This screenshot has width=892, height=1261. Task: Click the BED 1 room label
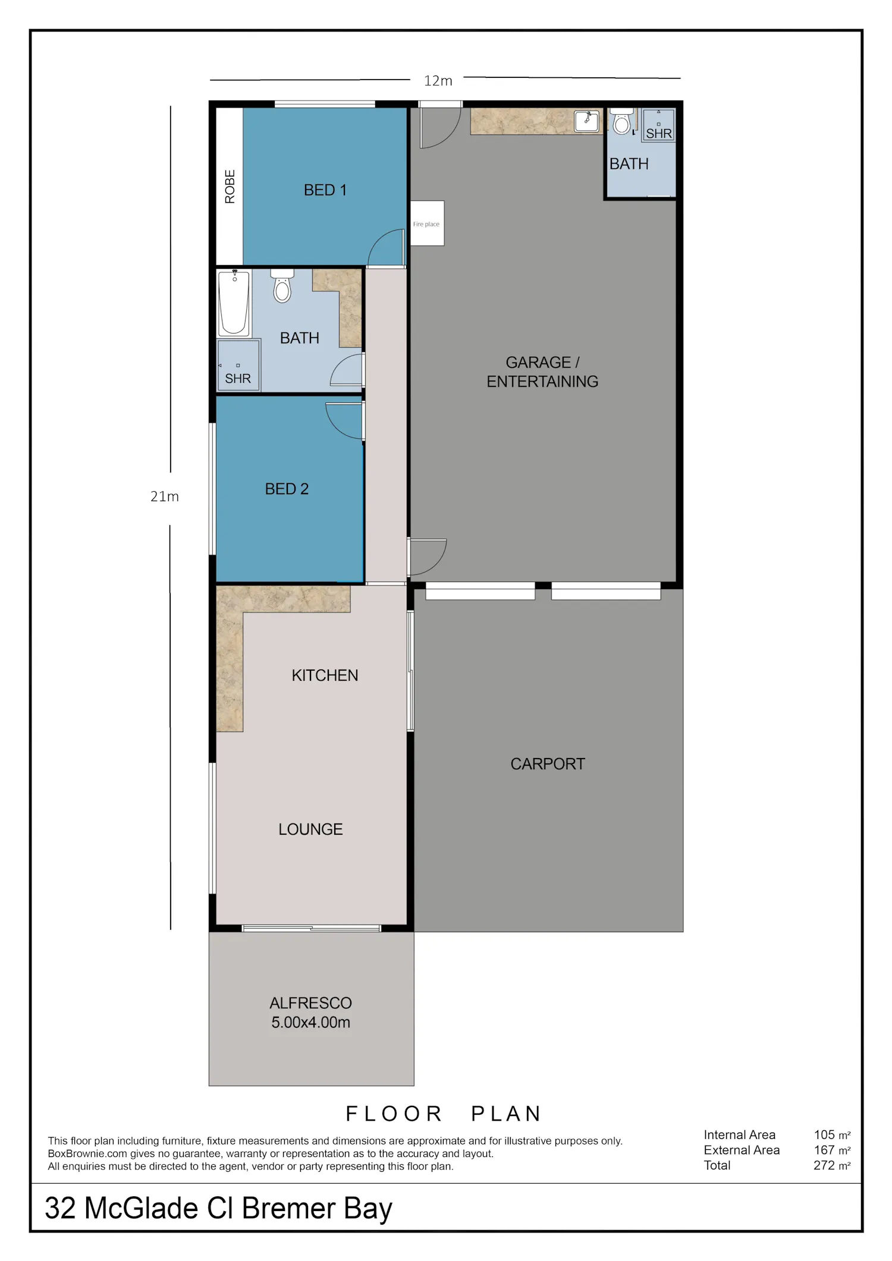point(325,190)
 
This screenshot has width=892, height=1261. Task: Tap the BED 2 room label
point(287,489)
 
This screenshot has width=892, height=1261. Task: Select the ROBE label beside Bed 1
point(230,187)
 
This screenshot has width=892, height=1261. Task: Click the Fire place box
point(427,224)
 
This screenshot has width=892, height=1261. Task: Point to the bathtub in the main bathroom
point(234,303)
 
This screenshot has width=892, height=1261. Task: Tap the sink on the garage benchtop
point(586,121)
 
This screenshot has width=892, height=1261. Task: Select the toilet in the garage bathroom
point(622,121)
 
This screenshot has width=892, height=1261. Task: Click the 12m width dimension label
point(438,81)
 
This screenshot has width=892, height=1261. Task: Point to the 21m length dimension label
point(165,496)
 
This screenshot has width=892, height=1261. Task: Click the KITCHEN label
point(325,675)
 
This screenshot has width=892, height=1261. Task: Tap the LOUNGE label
point(310,829)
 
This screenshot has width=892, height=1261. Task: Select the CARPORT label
point(548,764)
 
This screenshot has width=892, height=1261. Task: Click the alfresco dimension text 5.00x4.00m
point(310,1023)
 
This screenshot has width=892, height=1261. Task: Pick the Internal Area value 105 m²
point(832,1135)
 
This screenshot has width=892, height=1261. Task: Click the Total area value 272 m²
point(832,1166)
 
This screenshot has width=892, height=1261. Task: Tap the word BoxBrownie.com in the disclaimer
point(87,1154)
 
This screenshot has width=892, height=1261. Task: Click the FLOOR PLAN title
point(444,1114)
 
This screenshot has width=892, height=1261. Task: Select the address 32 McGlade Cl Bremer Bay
point(218,1209)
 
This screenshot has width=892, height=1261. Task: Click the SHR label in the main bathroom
point(238,379)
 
